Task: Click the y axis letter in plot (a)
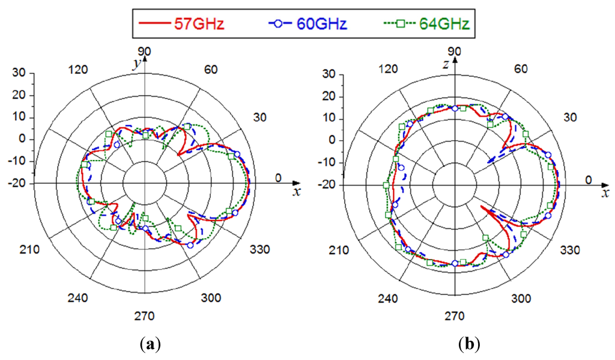coord(138,62)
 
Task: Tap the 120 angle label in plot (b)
coord(389,69)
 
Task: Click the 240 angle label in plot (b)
coord(389,299)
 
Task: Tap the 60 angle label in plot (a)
coord(210,69)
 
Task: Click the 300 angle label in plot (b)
coord(521,299)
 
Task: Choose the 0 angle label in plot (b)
coord(589,180)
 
